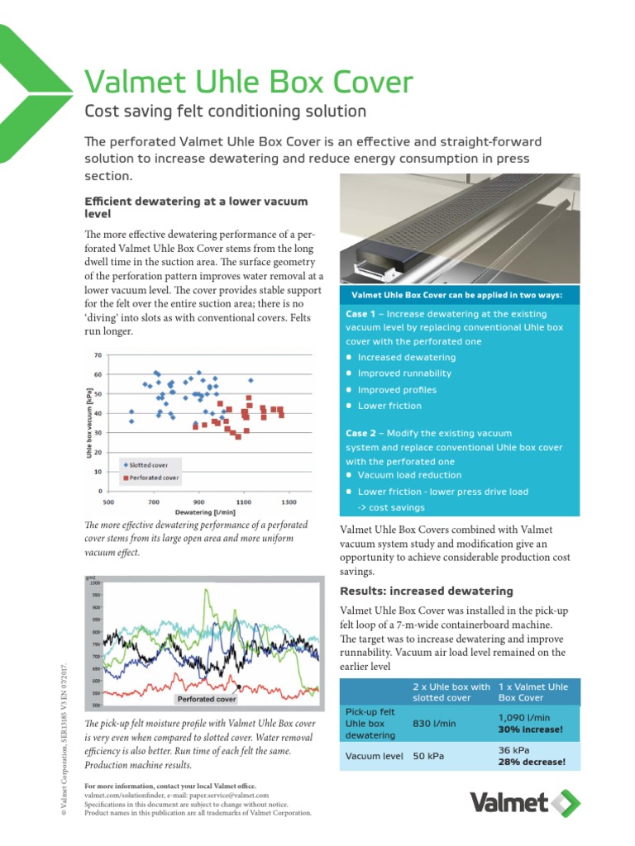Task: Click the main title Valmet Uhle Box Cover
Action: coord(249,83)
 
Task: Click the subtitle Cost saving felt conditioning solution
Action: coord(225,111)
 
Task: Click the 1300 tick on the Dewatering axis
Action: coord(288,501)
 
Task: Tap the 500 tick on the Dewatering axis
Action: coord(107,501)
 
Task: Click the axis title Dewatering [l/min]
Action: coord(198,511)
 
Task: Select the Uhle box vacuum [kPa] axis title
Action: coord(88,424)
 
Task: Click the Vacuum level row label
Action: coord(375,755)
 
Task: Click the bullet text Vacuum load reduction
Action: coord(399,475)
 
